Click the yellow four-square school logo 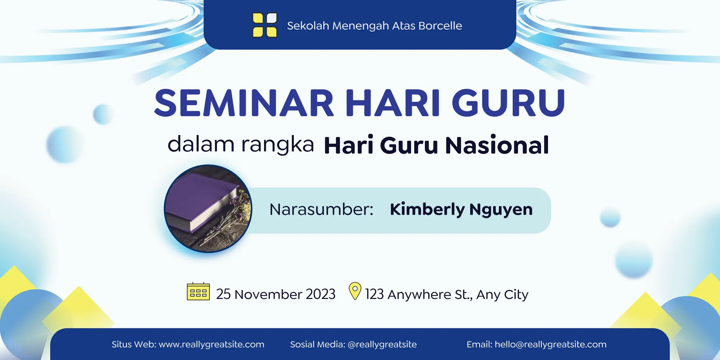pos(265,25)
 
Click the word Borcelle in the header pos(440,26)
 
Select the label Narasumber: pos(321,210)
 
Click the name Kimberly pos(427,210)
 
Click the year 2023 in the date pos(321,294)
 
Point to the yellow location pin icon pos(355,291)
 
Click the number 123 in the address pos(374,294)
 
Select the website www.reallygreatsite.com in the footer pos(211,345)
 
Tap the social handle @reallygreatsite pos(382,345)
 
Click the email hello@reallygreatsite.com pos(550,345)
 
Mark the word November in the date pos(268,294)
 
